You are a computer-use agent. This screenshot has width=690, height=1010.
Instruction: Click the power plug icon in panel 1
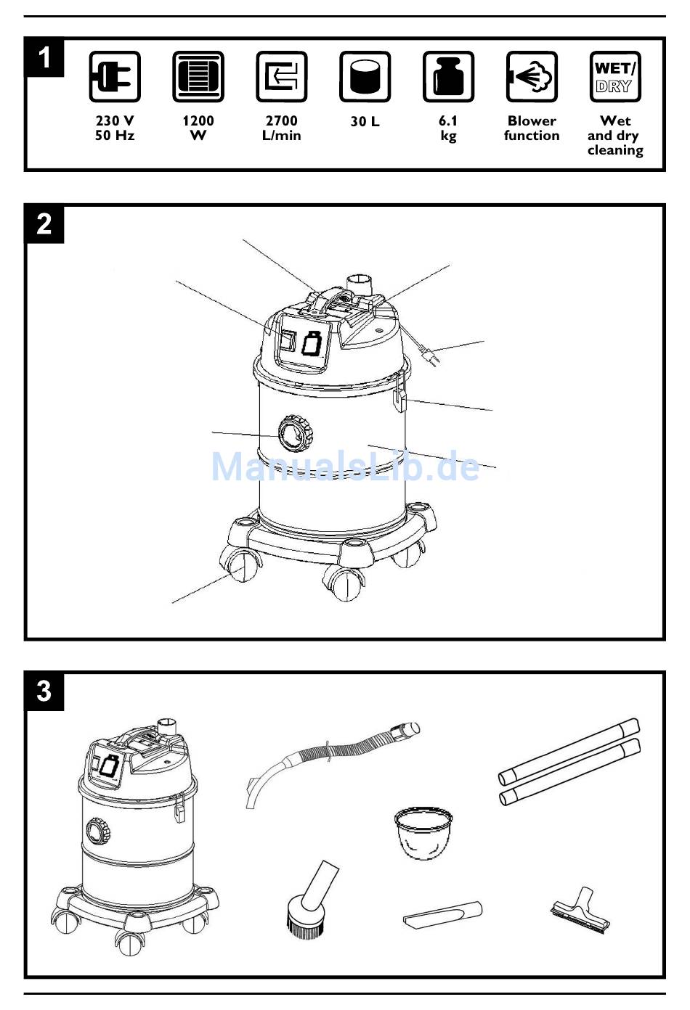tap(114, 77)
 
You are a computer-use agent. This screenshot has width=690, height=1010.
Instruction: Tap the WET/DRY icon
tap(614, 77)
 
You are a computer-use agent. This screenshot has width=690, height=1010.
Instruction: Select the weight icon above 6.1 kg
tap(448, 77)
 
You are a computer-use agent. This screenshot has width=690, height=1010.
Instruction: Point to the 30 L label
tap(365, 122)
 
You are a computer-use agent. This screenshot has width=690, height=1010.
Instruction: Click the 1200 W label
tap(198, 128)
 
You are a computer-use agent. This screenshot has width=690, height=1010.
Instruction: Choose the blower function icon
tap(532, 77)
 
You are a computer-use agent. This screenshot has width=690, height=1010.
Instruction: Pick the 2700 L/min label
tap(281, 128)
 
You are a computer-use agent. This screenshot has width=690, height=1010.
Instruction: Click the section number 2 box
tap(44, 224)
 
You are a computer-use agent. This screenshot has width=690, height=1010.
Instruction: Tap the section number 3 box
tap(44, 691)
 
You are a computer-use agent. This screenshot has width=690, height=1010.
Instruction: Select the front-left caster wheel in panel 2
tap(243, 564)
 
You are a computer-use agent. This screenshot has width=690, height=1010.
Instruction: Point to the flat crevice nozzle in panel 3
tap(443, 913)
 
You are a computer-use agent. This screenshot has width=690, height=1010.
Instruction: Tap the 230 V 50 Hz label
tap(115, 128)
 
